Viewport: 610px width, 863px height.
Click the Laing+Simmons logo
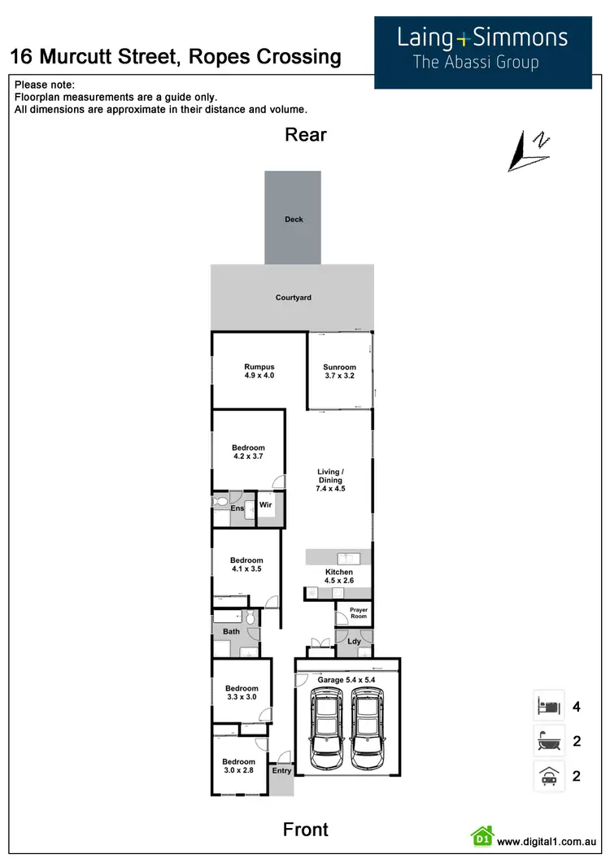pos(482,49)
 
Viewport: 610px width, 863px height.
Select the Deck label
pos(294,220)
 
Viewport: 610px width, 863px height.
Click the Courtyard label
pos(293,298)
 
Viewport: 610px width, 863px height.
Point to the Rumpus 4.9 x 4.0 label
pos(259,372)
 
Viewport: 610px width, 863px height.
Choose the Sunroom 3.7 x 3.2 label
pos(340,372)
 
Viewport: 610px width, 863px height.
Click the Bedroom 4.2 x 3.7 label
pos(248,452)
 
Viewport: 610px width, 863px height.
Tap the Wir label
pos(265,505)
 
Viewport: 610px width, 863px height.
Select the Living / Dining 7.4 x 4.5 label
pos(331,480)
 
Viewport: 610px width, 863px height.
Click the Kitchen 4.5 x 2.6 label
pos(339,577)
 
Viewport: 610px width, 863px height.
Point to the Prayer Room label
pos(359,613)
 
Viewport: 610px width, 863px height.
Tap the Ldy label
pos(354,642)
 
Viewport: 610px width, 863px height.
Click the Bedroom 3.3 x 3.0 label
pos(242,693)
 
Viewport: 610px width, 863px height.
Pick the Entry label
pos(281,770)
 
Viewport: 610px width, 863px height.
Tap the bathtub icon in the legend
pos(545,741)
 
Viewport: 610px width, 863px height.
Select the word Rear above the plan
pos(306,135)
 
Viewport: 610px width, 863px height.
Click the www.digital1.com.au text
pos(547,842)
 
